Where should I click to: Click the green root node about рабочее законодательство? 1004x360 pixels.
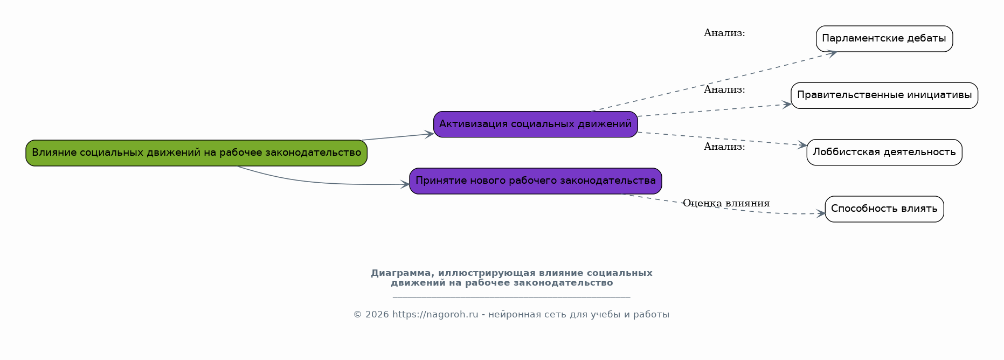pos(196,153)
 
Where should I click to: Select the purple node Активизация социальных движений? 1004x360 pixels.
pos(536,124)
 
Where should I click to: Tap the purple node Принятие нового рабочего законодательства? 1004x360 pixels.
pos(536,181)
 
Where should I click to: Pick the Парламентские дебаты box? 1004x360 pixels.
pos(884,39)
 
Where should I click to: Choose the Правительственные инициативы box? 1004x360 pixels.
pos(884,95)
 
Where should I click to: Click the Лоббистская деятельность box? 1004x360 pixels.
pos(884,153)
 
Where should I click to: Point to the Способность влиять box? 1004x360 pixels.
pos(884,209)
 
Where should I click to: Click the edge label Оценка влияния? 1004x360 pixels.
pos(726,203)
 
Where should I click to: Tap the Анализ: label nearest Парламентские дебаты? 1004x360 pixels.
pos(724,33)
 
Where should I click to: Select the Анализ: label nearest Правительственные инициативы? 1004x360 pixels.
pos(724,89)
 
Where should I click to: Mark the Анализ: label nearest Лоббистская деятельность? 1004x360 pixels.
pos(724,147)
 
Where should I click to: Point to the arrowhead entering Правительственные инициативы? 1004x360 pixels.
pos(787,105)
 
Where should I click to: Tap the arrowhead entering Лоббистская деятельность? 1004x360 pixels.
pos(802,145)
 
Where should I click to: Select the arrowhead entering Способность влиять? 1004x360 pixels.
pos(821,214)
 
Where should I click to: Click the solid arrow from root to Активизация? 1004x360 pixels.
pos(398,137)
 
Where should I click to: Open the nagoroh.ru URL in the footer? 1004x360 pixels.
pos(435,315)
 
